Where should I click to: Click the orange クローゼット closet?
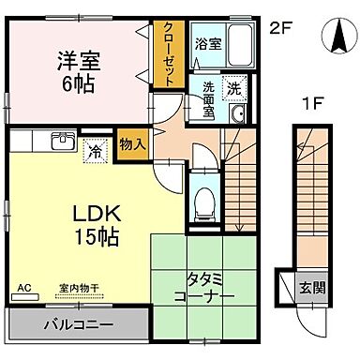click(169, 54)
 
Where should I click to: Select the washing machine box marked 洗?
click(235, 82)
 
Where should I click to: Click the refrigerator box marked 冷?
click(96, 148)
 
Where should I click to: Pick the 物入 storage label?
click(132, 143)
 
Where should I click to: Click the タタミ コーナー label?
click(198, 289)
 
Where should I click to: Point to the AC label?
click(22, 290)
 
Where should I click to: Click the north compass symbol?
click(335, 37)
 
